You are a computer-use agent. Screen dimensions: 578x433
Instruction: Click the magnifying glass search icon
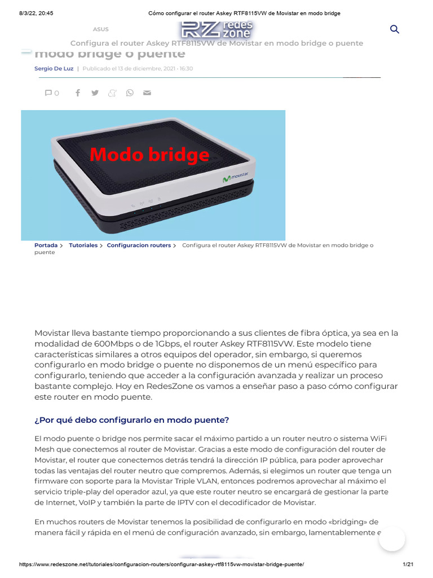tap(395, 29)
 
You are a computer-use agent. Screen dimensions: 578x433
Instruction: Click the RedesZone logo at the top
tap(217, 29)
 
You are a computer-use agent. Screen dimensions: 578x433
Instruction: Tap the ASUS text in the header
tap(101, 29)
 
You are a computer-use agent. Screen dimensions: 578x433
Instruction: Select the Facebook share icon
tap(78, 93)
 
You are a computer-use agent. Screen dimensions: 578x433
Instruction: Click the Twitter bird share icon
tap(95, 93)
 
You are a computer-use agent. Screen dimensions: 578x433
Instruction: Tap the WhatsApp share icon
tap(130, 93)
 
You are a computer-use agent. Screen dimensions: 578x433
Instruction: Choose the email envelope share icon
tap(147, 93)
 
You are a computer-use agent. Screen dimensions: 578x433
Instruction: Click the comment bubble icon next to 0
tap(48, 93)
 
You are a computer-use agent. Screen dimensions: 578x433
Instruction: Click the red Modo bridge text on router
tap(149, 155)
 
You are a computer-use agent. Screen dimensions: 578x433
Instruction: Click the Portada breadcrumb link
tap(46, 246)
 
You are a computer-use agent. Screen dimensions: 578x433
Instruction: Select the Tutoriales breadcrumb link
tap(83, 246)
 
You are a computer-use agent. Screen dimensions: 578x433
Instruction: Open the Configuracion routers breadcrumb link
tap(139, 246)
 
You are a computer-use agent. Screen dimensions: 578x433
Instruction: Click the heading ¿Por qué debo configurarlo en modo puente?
tap(132, 420)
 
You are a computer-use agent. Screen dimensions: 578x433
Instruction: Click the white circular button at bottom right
tap(392, 538)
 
